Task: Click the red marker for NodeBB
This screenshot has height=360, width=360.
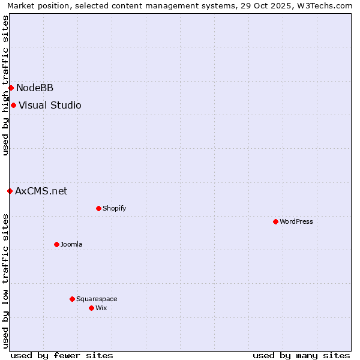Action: coord(11,88)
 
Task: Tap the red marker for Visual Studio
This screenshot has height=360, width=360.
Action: coord(13,106)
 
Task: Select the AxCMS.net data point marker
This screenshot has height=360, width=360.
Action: coord(10,191)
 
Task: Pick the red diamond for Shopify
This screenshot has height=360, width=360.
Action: coord(98,209)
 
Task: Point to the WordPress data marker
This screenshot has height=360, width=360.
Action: coord(275,222)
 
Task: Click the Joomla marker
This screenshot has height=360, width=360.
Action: coord(56,244)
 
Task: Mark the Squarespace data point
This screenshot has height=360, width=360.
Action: coord(72,299)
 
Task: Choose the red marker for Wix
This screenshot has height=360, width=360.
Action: coord(91,308)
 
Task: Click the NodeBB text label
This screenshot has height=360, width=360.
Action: coord(35,88)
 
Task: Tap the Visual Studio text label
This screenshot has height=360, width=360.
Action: coord(50,106)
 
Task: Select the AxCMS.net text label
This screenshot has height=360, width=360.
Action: coord(41,191)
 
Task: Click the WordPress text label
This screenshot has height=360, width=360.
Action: coord(296,222)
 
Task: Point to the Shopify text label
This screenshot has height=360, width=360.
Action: coord(114,209)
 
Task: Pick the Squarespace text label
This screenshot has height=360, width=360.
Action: coord(97,299)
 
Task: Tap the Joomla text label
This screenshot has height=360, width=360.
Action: coord(71,244)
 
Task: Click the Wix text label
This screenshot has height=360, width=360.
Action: coord(101,308)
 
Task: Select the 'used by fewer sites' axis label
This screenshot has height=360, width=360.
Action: coord(62,355)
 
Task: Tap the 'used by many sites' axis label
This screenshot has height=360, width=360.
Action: coord(301,355)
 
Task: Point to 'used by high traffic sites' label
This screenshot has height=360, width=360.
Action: coord(5,85)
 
